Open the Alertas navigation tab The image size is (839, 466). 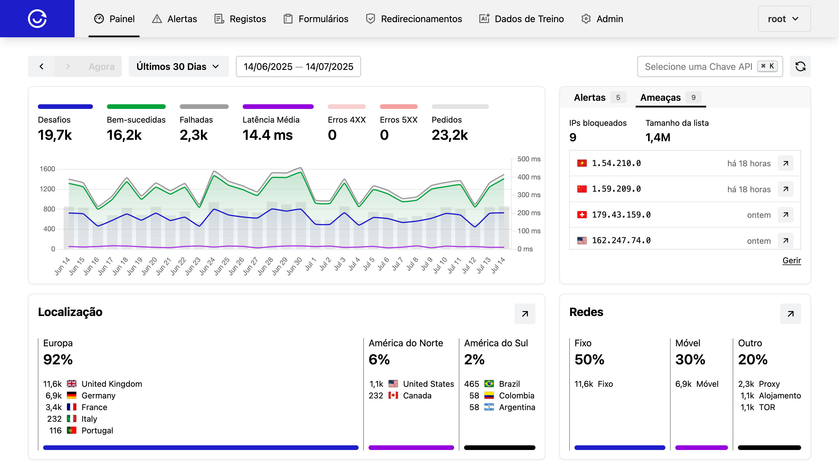click(x=175, y=19)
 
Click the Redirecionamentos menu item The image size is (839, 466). click(x=414, y=19)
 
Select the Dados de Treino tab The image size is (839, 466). click(x=521, y=19)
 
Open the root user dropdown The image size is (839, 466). click(x=784, y=19)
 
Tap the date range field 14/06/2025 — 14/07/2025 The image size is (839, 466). click(x=298, y=66)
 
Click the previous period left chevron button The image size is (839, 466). click(x=41, y=66)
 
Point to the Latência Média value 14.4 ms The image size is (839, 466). click(x=267, y=135)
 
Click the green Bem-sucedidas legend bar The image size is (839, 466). click(x=136, y=107)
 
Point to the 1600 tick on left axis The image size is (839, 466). click(x=47, y=169)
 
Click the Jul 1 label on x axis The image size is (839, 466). click(x=311, y=264)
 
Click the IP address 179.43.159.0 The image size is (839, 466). click(x=621, y=215)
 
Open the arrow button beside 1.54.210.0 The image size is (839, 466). click(x=785, y=163)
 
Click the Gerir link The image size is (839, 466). click(x=791, y=260)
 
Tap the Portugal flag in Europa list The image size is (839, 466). click(x=71, y=430)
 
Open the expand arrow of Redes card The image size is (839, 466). click(x=790, y=314)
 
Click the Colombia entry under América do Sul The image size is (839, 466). click(x=516, y=395)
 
